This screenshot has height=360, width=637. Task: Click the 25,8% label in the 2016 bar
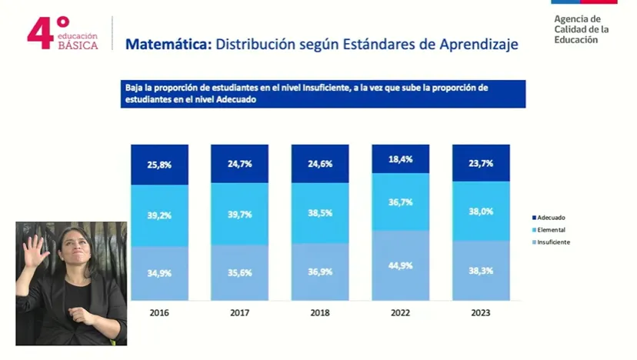(159, 165)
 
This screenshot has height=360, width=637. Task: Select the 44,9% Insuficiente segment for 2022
(400, 265)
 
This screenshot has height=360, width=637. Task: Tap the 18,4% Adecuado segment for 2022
(400, 159)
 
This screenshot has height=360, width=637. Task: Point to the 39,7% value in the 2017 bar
(239, 215)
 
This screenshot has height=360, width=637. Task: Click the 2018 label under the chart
(319, 313)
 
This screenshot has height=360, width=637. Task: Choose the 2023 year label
(480, 313)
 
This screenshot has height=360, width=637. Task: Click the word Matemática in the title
(168, 45)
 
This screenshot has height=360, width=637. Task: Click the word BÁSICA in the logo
(78, 45)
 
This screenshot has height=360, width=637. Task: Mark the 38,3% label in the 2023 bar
(480, 272)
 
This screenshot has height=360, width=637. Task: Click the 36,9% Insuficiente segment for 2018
(319, 272)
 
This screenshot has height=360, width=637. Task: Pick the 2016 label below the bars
(159, 313)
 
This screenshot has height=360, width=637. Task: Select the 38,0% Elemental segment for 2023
(480, 212)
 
